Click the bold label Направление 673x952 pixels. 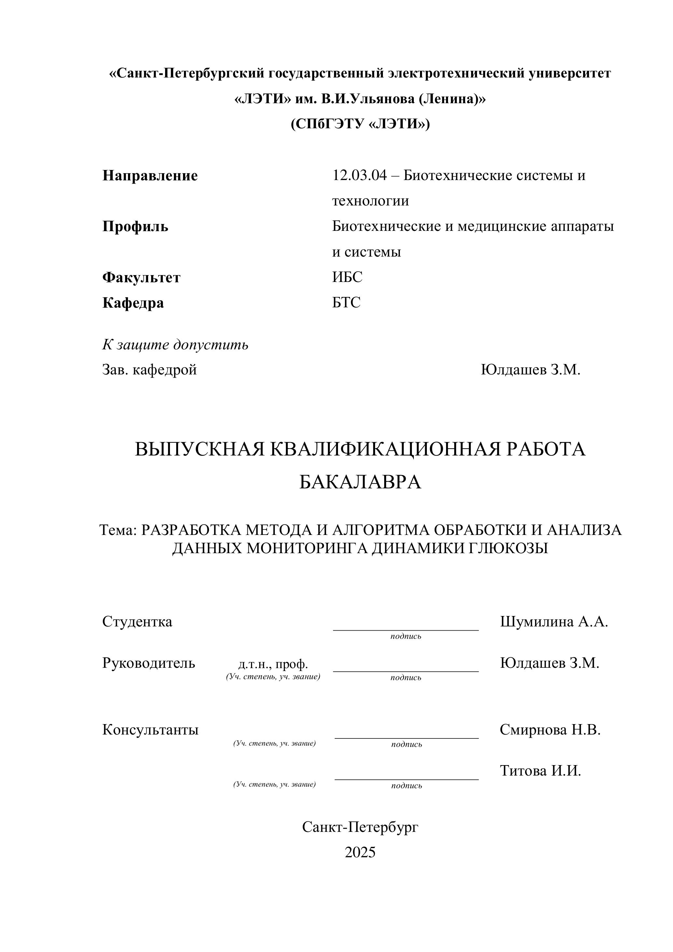(150, 176)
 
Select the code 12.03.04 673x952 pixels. (359, 175)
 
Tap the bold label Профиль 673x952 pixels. (135, 227)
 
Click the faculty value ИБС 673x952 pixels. (347, 277)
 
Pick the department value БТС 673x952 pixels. (346, 303)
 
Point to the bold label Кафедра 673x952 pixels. (133, 303)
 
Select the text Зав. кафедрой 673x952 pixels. (149, 370)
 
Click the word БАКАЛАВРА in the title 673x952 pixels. (360, 482)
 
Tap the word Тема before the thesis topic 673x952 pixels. (118, 530)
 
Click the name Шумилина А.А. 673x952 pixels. (554, 622)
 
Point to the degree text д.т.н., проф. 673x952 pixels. (273, 664)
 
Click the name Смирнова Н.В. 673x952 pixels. (550, 729)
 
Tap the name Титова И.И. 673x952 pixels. (540, 770)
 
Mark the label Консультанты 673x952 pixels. (150, 730)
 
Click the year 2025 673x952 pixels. (360, 852)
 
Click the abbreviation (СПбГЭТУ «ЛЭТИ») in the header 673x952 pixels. (360, 124)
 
